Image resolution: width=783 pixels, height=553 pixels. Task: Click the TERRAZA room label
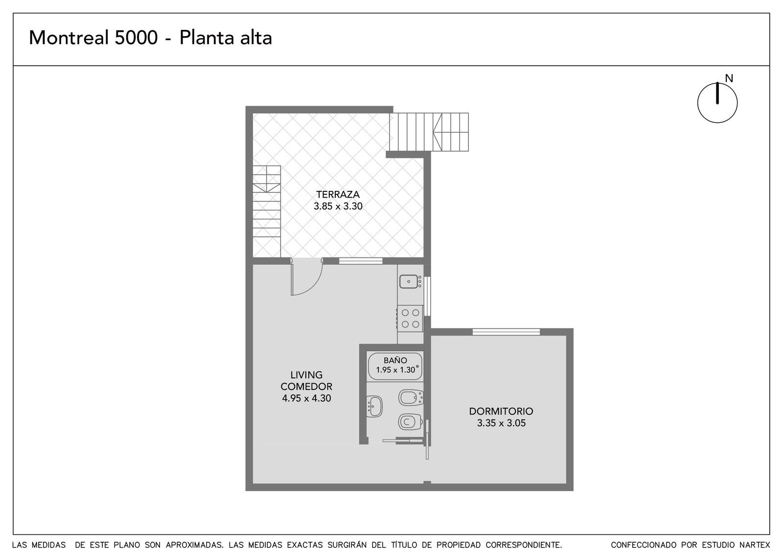tap(338, 194)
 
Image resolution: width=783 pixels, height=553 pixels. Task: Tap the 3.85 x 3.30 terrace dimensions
tap(338, 206)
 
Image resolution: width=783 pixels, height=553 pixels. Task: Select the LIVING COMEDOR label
tap(306, 381)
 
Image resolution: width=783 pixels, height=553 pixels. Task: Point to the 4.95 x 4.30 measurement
tap(306, 398)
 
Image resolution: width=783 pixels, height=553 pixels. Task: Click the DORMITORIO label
tap(501, 411)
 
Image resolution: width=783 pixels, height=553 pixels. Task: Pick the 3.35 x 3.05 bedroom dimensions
tap(501, 423)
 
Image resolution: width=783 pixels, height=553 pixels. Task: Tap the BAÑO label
tap(395, 360)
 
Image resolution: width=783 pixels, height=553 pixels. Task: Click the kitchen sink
tap(409, 281)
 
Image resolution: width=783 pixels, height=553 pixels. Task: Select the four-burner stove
tap(410, 319)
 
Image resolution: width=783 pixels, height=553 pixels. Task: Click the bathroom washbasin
tap(374, 407)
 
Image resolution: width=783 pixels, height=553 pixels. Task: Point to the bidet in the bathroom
tap(411, 397)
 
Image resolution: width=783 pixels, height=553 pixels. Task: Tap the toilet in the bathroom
tap(411, 422)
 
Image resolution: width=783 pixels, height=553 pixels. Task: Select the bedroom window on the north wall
tap(506, 332)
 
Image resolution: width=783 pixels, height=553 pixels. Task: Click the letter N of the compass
tap(729, 79)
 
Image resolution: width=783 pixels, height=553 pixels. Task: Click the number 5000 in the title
tap(137, 38)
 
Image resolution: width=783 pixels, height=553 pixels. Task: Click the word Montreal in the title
tap(69, 38)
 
